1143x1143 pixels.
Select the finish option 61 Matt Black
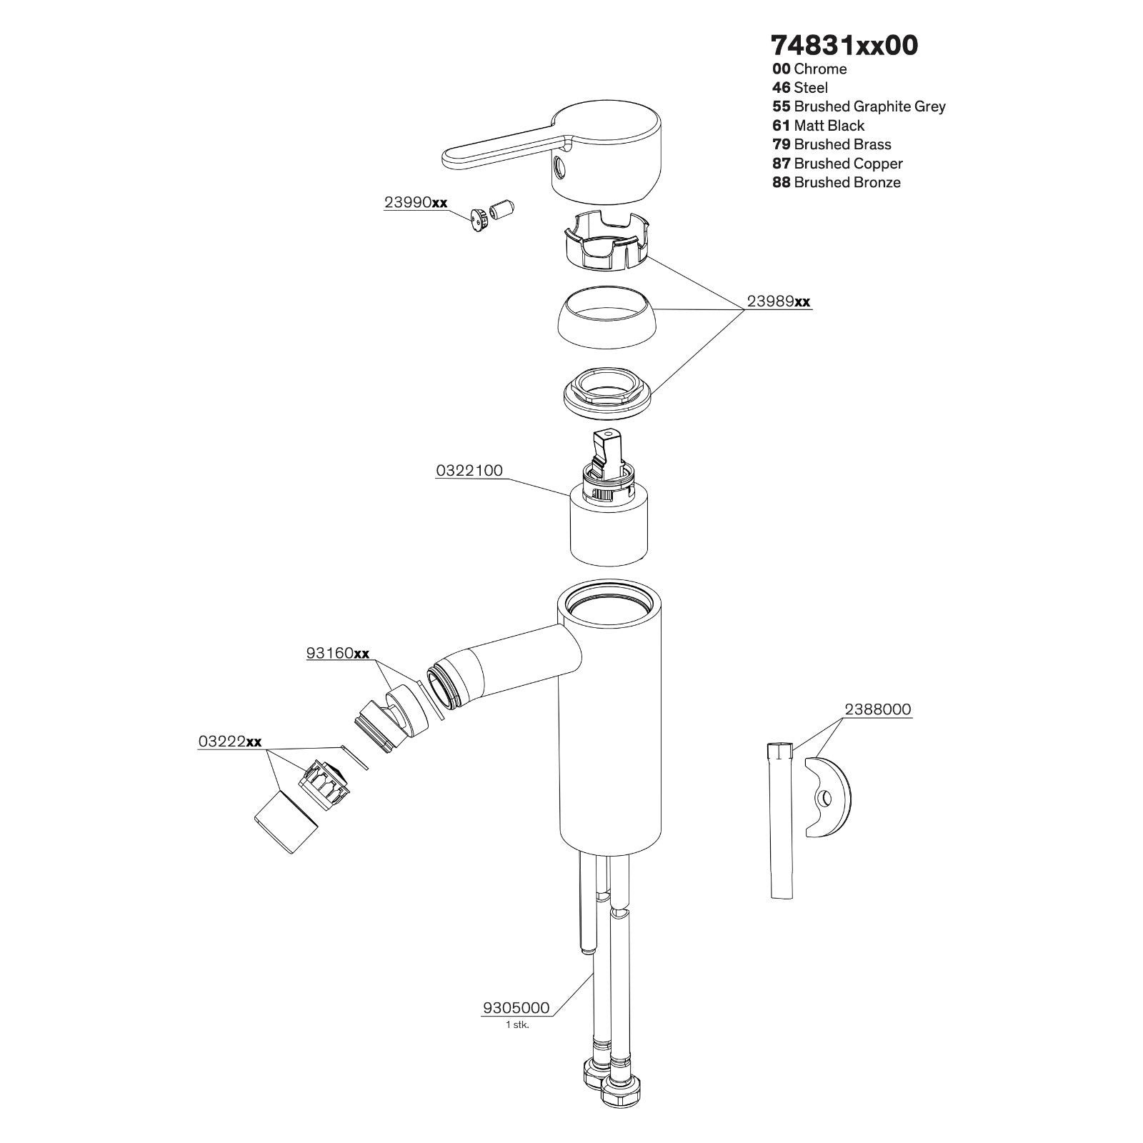point(819,126)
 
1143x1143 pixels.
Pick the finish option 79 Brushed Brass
point(832,144)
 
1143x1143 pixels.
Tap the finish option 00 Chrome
point(809,69)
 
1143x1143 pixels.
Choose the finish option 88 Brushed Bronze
point(837,182)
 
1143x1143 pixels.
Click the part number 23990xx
point(416,202)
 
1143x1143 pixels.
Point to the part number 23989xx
point(779,301)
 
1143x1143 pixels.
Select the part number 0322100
point(469,471)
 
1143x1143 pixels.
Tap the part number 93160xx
point(338,653)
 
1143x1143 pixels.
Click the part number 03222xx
point(230,742)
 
